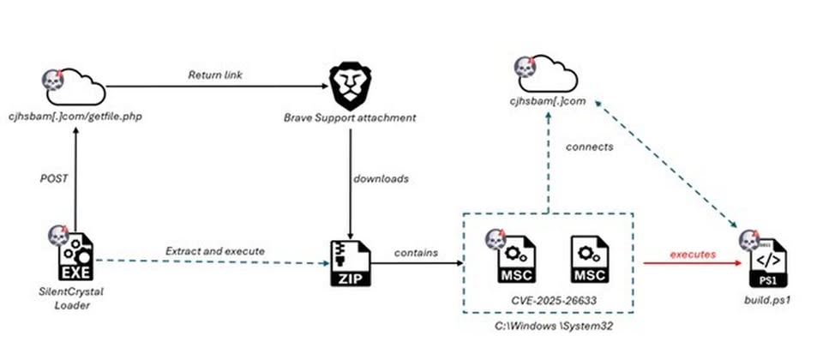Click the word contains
tap(415, 253)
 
